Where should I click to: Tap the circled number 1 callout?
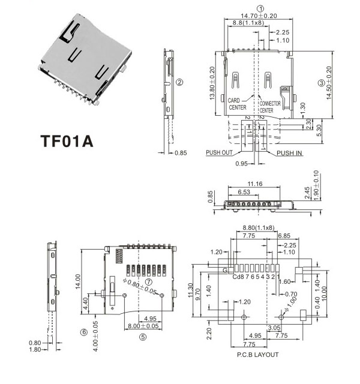tap(260, 8)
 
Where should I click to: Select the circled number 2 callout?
tap(179, 82)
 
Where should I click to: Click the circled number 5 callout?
tap(142, 337)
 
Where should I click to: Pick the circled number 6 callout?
tap(84, 331)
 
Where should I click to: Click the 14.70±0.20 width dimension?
tap(260, 16)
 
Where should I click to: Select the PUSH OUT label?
tap(219, 152)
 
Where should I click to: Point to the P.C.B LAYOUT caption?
tap(258, 355)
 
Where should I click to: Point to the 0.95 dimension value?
tap(242, 163)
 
